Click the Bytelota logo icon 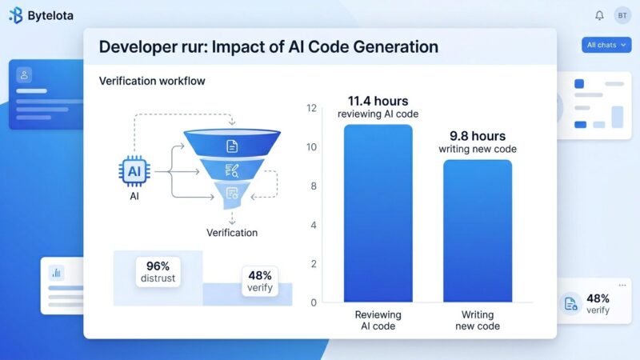coord(15,15)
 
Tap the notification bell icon coord(599,15)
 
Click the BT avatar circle coord(622,15)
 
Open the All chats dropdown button coord(606,45)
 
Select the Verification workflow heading coord(151,81)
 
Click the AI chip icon coord(134,170)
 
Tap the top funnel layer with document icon coord(232,144)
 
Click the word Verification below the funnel coord(232,233)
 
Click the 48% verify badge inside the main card coord(260,281)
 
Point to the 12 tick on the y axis coord(312,108)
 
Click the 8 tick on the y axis coord(314,186)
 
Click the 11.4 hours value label coord(378,102)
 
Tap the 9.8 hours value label coord(478,136)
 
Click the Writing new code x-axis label coord(478,320)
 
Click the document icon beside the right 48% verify coord(571,304)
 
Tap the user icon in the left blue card coord(25,74)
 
